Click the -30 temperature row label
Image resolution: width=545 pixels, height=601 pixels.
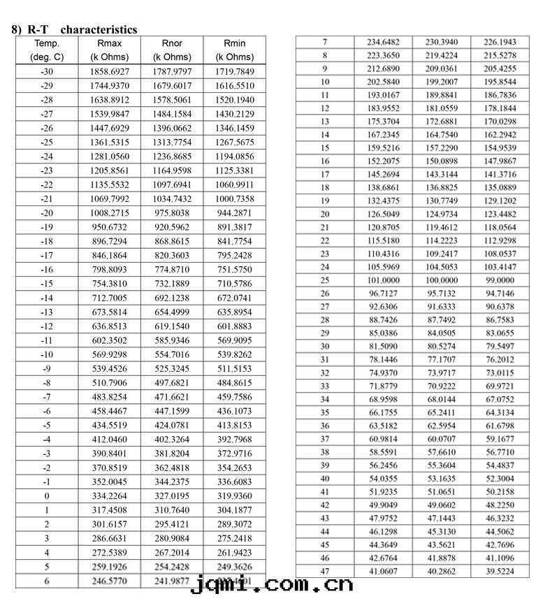click(47, 72)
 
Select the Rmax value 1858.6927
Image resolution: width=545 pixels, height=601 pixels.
click(109, 72)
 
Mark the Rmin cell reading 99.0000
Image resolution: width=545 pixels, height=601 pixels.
click(500, 280)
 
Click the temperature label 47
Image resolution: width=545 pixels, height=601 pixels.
click(324, 571)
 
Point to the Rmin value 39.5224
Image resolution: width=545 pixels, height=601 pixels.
click(500, 571)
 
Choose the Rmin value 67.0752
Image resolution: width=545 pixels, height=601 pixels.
click(500, 399)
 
